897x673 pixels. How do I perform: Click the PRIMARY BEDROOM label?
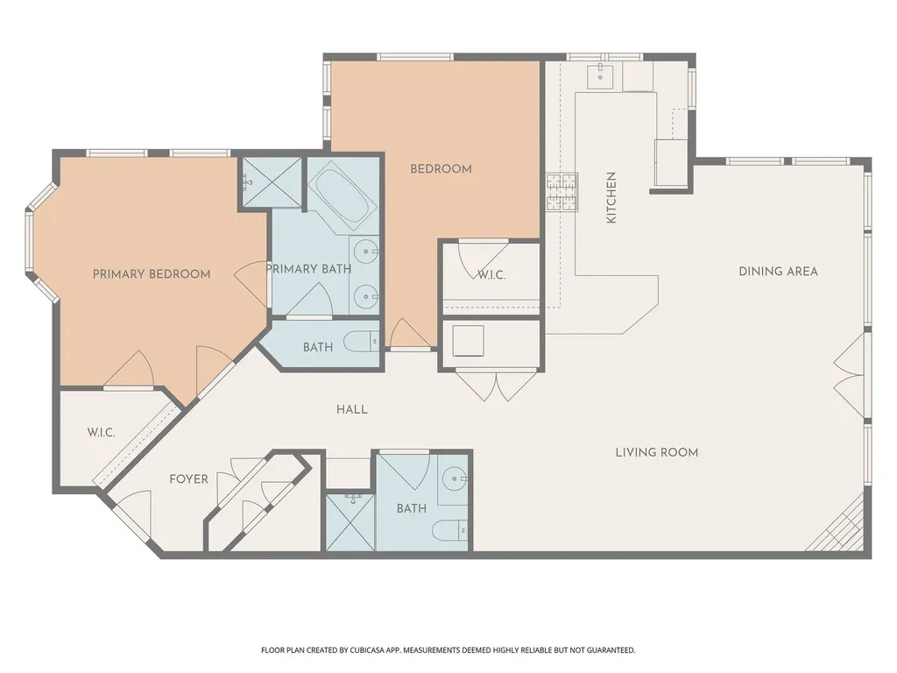pyautogui.click(x=152, y=274)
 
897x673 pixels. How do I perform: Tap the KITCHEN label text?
pyautogui.click(x=611, y=197)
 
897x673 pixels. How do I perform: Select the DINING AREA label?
pyautogui.click(x=778, y=272)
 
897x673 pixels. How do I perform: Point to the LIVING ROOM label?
pyautogui.click(x=657, y=453)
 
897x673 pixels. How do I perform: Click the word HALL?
pyautogui.click(x=352, y=409)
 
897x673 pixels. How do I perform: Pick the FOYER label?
pyautogui.click(x=189, y=479)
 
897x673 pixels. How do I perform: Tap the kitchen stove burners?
pyautogui.click(x=562, y=192)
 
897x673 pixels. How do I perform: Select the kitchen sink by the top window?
pyautogui.click(x=600, y=76)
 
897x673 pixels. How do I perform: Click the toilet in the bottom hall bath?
pyautogui.click(x=449, y=531)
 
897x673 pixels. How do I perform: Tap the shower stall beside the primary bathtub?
pyautogui.click(x=272, y=181)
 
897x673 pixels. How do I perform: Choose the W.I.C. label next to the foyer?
pyautogui.click(x=102, y=433)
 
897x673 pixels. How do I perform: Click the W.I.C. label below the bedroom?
pyautogui.click(x=491, y=275)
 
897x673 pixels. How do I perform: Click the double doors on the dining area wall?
pyautogui.click(x=849, y=375)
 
